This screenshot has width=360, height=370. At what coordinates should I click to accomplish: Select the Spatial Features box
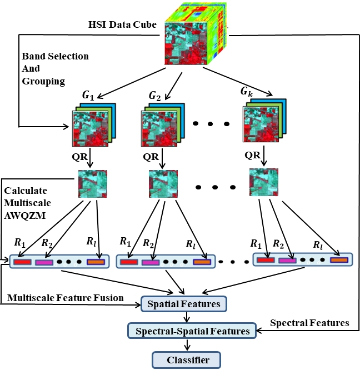[x=184, y=304]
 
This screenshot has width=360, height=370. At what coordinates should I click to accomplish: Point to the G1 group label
[x=88, y=95]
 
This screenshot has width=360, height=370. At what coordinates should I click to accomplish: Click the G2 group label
[x=155, y=95]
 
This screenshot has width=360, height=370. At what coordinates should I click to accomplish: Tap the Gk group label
[x=248, y=90]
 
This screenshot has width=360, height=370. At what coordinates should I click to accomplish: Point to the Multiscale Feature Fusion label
[x=66, y=298]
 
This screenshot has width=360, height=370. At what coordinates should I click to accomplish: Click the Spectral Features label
[x=309, y=323]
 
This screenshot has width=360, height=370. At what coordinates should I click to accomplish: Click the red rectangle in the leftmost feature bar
[x=23, y=262]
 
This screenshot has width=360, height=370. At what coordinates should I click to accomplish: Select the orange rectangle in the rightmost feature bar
[x=339, y=259]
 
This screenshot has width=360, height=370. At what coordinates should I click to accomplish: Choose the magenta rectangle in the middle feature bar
[x=150, y=262]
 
